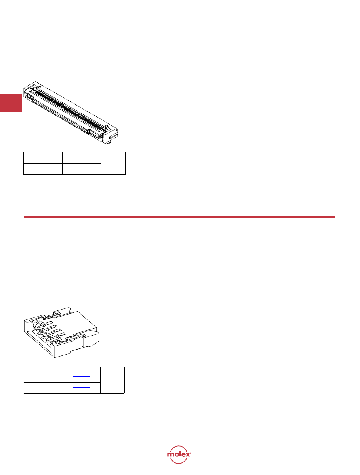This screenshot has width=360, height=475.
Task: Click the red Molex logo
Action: point(179,454)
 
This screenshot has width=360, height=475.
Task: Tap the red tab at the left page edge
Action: point(11,103)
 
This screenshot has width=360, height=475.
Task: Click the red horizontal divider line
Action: point(179,217)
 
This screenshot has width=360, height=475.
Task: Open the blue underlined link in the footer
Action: point(300,458)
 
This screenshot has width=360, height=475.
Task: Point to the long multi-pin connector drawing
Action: point(71,112)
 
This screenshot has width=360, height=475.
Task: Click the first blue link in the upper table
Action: point(82,163)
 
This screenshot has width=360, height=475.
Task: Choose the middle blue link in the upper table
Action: point(82,169)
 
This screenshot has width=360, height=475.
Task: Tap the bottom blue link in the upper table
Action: point(82,174)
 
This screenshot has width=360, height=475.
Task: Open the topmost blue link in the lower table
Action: point(81,376)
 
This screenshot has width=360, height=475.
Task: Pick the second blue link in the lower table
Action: point(81,382)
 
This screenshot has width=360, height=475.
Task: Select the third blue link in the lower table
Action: point(81,387)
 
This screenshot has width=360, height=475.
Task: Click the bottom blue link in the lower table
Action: point(81,393)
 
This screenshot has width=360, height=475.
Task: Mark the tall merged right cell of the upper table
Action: point(113,166)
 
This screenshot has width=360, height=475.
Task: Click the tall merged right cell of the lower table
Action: point(113,382)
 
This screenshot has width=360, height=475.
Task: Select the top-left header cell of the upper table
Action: point(43,155)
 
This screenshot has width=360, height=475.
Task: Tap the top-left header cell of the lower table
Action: point(43,369)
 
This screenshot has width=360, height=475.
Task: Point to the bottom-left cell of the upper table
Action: point(43,172)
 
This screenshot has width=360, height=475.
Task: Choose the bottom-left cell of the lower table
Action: point(43,391)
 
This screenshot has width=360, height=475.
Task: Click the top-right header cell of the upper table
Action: point(113,155)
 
